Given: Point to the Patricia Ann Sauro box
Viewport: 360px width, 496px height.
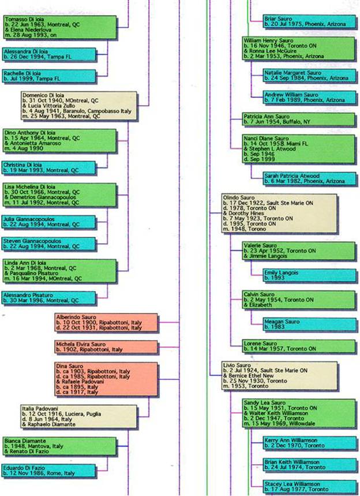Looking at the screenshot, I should click(x=298, y=119).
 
